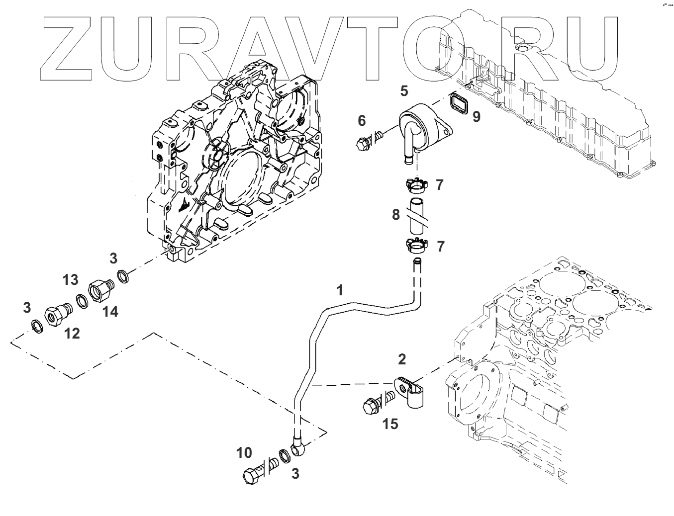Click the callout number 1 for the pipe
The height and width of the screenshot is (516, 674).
[x=340, y=290]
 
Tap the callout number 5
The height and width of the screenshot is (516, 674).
[x=404, y=91]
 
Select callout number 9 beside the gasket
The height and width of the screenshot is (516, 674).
[x=476, y=117]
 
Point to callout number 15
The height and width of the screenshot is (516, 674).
[x=390, y=424]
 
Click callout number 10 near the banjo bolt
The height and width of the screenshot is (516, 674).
[x=244, y=452]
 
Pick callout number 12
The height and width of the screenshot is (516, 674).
[x=72, y=333]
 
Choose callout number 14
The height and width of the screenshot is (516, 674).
[x=111, y=312]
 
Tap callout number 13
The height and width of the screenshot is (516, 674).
[x=71, y=280]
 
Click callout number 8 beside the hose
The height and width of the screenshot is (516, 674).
[x=395, y=215]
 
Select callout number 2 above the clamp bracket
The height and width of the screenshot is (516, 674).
[x=402, y=359]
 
